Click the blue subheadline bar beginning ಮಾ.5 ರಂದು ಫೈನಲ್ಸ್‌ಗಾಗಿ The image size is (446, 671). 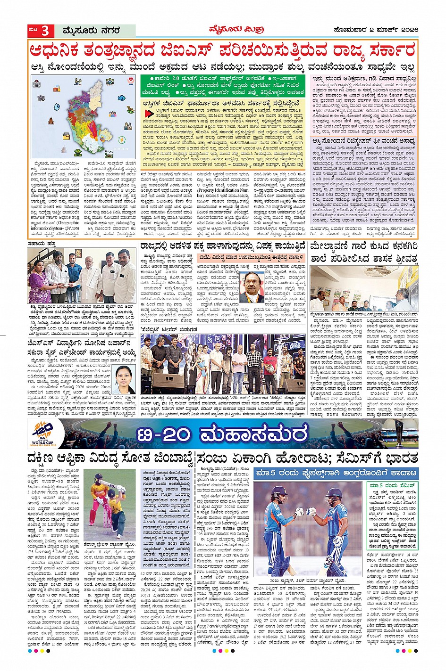point(336,473)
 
